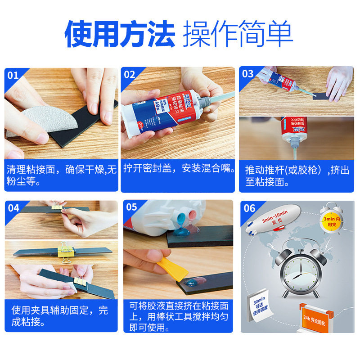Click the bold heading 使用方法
pos(119,34)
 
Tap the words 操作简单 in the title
pos(238,34)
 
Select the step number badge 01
pos(13,75)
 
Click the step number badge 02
pos(130,75)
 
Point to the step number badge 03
pos(248,74)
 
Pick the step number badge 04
pos(13,208)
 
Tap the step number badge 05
pos(131,207)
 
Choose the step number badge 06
pos(249,208)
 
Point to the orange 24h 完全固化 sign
pos(317,320)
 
